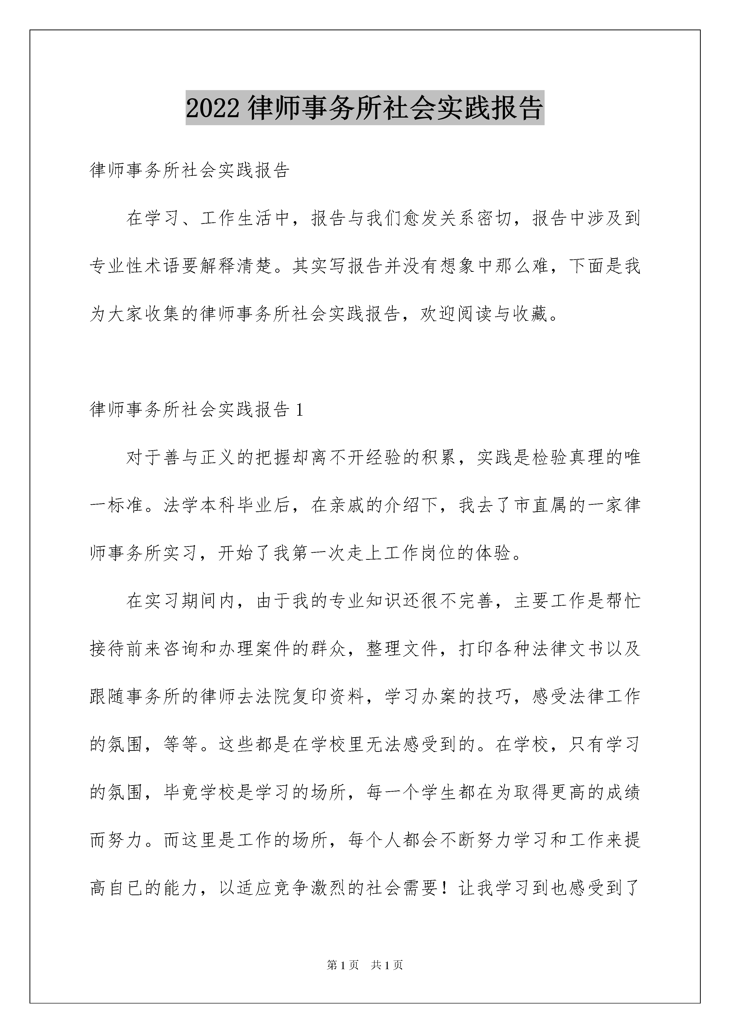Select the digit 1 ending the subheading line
300,409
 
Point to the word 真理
586,458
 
